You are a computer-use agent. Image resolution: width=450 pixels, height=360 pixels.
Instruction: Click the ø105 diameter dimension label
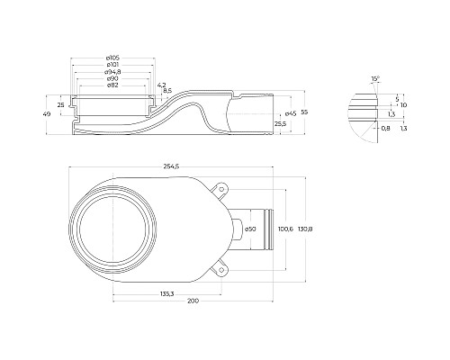click(112, 58)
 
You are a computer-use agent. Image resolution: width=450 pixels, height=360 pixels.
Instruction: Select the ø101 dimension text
click(112, 65)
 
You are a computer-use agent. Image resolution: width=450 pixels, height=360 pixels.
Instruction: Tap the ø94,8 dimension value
click(112, 72)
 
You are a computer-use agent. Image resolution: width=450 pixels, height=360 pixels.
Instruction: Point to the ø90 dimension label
click(112, 78)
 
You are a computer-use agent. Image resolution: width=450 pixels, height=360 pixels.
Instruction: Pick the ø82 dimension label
click(112, 85)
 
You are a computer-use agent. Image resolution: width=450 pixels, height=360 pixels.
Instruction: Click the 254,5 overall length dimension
click(171, 166)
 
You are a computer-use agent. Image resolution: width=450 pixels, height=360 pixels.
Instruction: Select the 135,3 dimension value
click(166, 294)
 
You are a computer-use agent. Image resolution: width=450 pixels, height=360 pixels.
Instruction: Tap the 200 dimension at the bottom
click(193, 301)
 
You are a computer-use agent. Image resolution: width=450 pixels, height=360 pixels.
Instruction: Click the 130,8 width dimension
click(305, 229)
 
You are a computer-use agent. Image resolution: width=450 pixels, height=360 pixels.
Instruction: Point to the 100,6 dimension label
click(285, 229)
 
